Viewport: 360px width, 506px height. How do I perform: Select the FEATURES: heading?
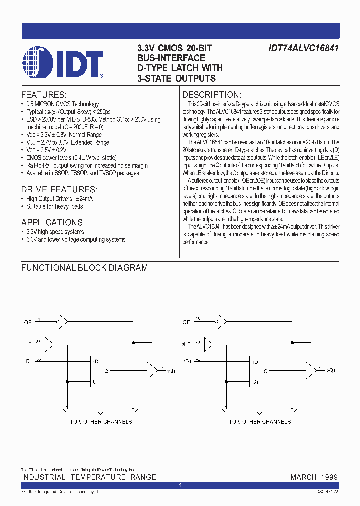point(43,95)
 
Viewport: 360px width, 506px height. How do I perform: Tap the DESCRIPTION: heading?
point(212,95)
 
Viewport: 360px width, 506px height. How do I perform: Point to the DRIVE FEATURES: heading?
point(59,189)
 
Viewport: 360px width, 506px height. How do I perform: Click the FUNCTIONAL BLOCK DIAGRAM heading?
point(84,268)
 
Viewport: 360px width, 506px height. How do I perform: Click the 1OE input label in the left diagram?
point(27,323)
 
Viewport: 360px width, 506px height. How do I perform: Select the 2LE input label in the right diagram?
point(186,345)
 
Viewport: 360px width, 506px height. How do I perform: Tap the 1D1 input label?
point(27,361)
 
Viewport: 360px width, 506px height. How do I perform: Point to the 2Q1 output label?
point(331,371)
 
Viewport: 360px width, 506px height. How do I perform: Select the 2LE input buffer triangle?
point(209,344)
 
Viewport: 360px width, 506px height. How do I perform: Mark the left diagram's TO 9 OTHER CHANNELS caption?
point(101,422)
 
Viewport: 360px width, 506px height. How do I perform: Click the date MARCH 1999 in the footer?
point(314,477)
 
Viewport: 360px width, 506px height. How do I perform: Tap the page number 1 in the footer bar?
point(180,485)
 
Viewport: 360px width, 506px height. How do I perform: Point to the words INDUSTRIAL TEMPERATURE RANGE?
point(88,477)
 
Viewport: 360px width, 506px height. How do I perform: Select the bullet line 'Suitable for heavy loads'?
point(54,206)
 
